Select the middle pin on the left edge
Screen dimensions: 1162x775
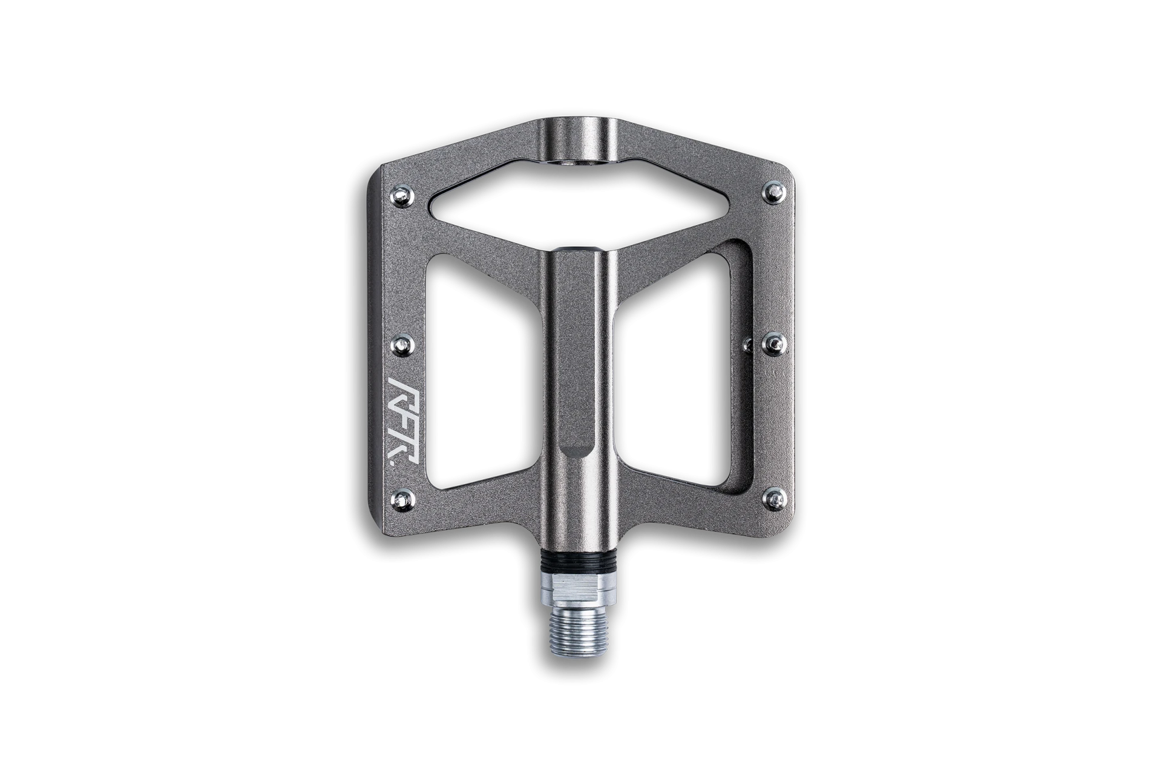tap(402, 345)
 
